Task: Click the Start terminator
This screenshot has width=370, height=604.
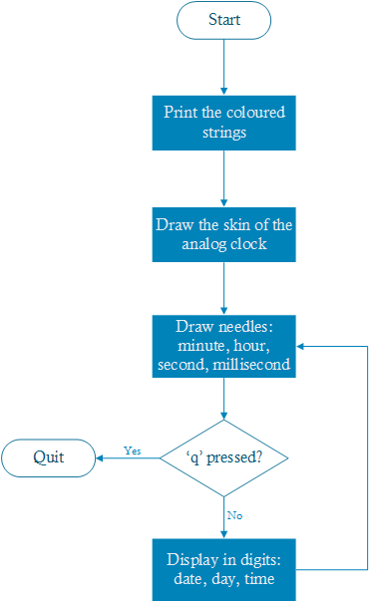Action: pyautogui.click(x=223, y=21)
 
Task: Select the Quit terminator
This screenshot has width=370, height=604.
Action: pyautogui.click(x=49, y=457)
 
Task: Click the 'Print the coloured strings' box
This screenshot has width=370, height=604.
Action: pyautogui.click(x=223, y=123)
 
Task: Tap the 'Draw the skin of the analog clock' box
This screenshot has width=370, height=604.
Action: pyautogui.click(x=223, y=233)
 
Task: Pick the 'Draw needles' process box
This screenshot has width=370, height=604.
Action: pyautogui.click(x=223, y=346)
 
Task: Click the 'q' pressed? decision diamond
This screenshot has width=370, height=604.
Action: pyautogui.click(x=223, y=457)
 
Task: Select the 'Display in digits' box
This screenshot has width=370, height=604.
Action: pyautogui.click(x=223, y=570)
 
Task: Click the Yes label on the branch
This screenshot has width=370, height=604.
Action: pyautogui.click(x=132, y=451)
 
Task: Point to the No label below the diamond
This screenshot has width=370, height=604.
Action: pyautogui.click(x=234, y=515)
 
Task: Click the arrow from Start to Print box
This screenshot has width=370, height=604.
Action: pyautogui.click(x=223, y=68)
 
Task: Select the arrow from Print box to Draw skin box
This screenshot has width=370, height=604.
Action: pyautogui.click(x=223, y=177)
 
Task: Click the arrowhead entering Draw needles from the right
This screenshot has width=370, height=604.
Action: pyautogui.click(x=302, y=346)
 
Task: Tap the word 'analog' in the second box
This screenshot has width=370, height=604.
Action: pyautogui.click(x=204, y=243)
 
